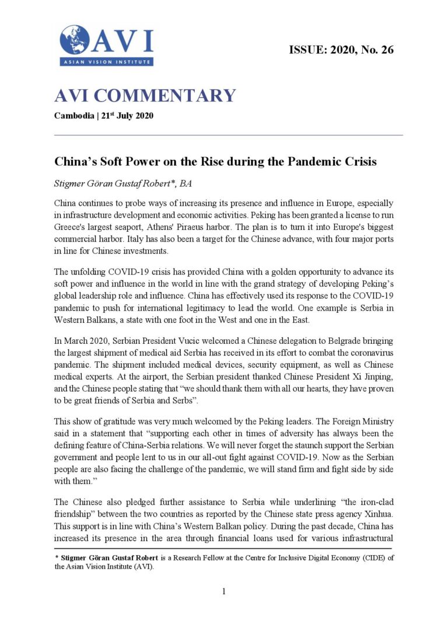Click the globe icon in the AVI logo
point(74,40)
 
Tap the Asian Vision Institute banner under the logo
point(106,61)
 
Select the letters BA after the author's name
point(185,184)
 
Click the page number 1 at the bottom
point(224,591)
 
